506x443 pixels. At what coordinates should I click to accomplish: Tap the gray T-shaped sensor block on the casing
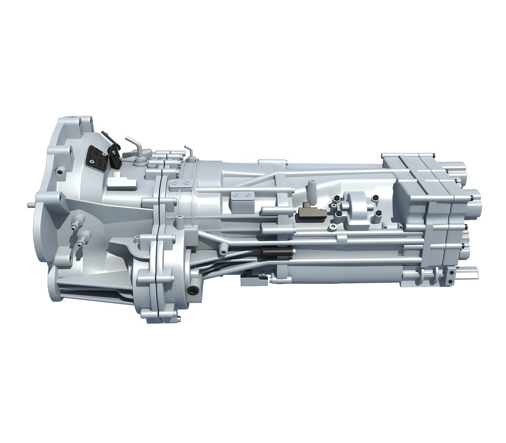coord(310,212)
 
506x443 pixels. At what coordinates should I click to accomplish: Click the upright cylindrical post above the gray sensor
coord(310,191)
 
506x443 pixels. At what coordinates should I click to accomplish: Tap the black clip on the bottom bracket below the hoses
coord(248,274)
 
